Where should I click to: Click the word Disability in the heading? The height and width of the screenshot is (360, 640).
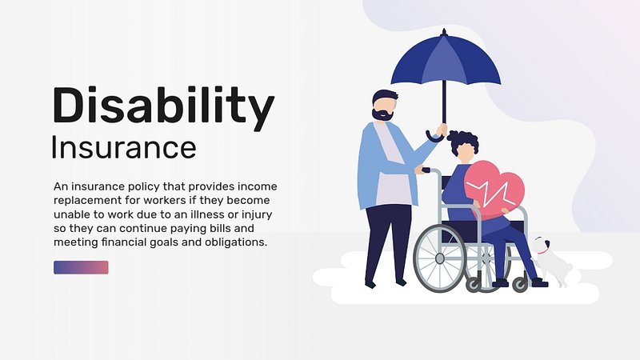pos(163,107)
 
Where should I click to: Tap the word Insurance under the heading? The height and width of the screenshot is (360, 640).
pos(124,147)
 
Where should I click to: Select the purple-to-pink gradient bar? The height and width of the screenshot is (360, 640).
pos(81,267)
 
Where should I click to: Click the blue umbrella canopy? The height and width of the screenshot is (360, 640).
pos(446,62)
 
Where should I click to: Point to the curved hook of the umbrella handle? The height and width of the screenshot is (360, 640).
pos(434,138)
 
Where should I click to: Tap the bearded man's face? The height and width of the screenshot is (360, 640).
pos(385,108)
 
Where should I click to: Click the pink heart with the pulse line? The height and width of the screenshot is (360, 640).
pos(494,189)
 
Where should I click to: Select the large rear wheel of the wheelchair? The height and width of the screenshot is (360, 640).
pos(439,258)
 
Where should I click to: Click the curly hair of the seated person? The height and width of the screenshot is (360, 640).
pos(463,141)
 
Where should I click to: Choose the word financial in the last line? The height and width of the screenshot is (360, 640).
pos(124,242)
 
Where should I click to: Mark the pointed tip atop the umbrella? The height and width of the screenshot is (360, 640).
pos(444,31)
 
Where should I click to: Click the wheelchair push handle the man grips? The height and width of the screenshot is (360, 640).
pos(425,170)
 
